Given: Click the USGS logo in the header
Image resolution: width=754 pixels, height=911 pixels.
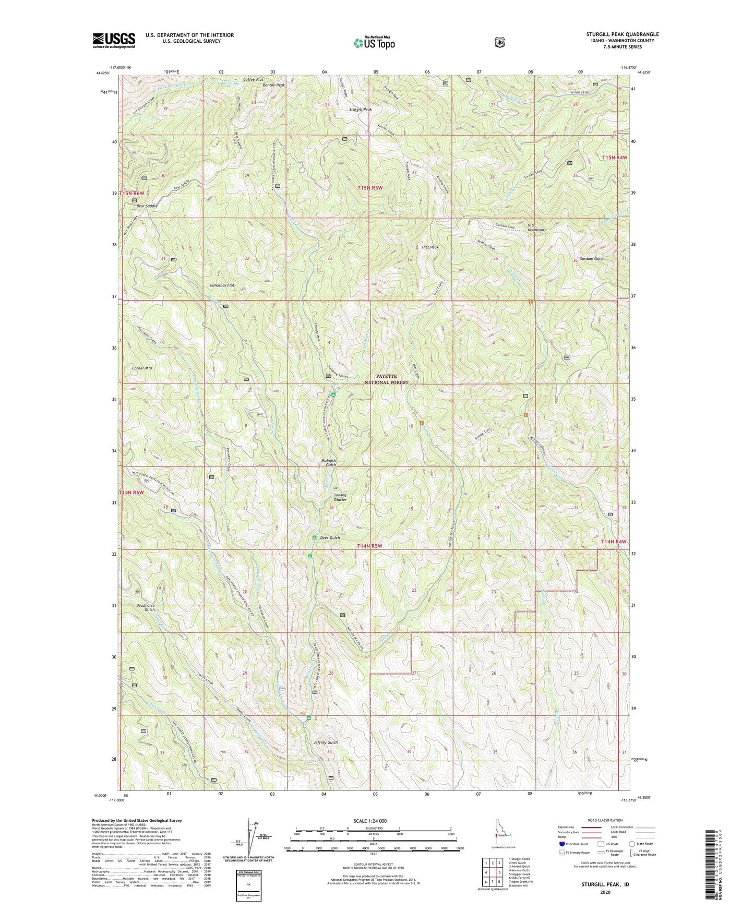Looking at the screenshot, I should click(x=114, y=40).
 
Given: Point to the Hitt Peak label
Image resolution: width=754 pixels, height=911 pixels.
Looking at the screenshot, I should click(x=430, y=247).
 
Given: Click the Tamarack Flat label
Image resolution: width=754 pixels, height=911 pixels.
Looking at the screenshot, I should click(x=221, y=285).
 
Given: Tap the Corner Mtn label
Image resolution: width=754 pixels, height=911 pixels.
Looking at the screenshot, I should click(x=142, y=368).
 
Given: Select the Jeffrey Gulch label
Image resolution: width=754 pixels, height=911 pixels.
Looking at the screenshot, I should click(x=326, y=742).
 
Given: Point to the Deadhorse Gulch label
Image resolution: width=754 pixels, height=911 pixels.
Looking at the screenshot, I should click(x=146, y=607).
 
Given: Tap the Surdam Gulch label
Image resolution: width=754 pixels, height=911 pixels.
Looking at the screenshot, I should click(x=592, y=259).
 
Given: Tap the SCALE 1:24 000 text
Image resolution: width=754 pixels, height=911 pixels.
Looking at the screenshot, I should click(x=370, y=821).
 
